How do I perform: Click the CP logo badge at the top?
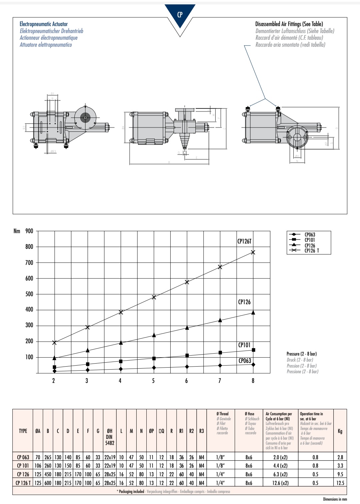coord(180,15)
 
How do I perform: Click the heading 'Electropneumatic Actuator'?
coord(44,24)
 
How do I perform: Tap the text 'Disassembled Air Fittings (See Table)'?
coord(289,24)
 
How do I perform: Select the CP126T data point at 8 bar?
coord(253,253)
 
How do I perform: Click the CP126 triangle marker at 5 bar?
coord(154,335)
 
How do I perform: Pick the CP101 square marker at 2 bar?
coord(54,367)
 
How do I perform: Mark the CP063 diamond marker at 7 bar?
coord(220,366)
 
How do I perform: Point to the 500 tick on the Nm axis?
coord(29,294)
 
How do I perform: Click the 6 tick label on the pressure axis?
coord(186,381)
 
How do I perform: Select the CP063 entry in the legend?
coord(310,234)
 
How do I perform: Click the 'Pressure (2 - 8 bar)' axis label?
coord(302,354)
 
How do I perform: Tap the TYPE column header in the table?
coord(23,431)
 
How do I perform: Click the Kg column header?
coord(340,431)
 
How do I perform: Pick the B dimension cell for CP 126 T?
coord(48,483)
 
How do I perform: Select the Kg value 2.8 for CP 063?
coord(340,457)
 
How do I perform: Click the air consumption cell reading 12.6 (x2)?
coord(280,483)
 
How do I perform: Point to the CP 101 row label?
coord(23,466)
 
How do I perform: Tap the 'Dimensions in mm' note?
coord(335,499)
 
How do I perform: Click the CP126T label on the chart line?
coord(244,241)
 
